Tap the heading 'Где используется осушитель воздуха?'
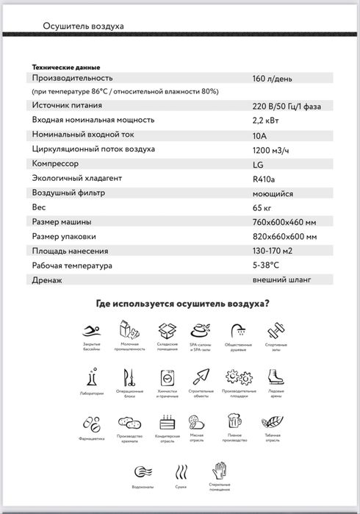coord(182,303)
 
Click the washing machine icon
coord(166,376)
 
